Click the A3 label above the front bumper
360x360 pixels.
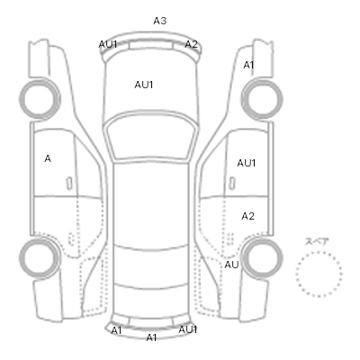[x=160, y=21]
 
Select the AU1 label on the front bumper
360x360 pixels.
[x=108, y=44]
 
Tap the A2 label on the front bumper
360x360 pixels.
[x=191, y=44]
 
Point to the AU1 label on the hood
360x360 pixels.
[x=144, y=85]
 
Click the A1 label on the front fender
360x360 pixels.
[x=248, y=65]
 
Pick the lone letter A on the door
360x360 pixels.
[x=48, y=158]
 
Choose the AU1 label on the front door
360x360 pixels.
[x=247, y=163]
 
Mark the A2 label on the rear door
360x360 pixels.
[x=247, y=216]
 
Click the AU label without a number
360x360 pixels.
[x=231, y=265]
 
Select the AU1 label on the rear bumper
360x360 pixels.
[x=188, y=329]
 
